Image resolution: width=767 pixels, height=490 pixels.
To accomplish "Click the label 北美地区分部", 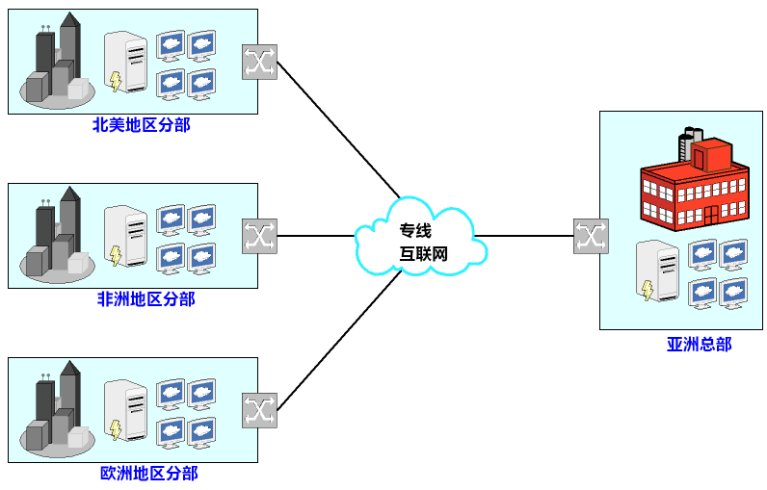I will tap(142, 125).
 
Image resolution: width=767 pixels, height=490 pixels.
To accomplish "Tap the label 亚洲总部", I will tap(699, 344).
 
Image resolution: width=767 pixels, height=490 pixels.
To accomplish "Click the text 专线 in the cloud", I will tap(415, 231).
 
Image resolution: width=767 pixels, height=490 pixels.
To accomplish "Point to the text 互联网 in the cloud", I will tap(424, 254).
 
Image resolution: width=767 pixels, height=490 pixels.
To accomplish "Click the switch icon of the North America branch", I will tap(259, 62).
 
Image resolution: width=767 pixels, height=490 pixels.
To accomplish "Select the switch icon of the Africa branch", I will tap(259, 235).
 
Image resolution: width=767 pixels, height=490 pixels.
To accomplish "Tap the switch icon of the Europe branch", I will tap(259, 409).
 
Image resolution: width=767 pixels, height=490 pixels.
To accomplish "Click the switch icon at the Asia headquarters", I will tap(591, 236).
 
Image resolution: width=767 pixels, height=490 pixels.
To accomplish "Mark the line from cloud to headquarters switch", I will tap(525, 236).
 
